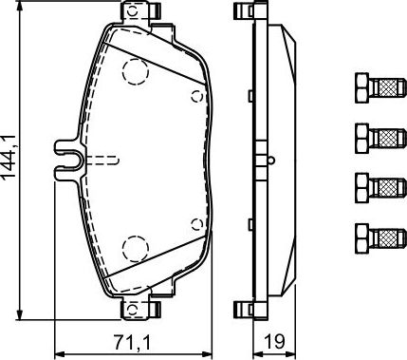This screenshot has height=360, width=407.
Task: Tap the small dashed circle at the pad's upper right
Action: [x=196, y=95]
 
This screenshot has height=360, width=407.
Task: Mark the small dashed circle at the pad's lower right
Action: [x=196, y=224]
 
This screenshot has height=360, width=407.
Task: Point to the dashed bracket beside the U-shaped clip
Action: [x=103, y=159]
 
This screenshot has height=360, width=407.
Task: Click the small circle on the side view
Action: [x=269, y=158]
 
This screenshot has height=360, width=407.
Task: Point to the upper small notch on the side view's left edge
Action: [x=249, y=95]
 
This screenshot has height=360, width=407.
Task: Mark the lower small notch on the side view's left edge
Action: [x=249, y=225]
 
